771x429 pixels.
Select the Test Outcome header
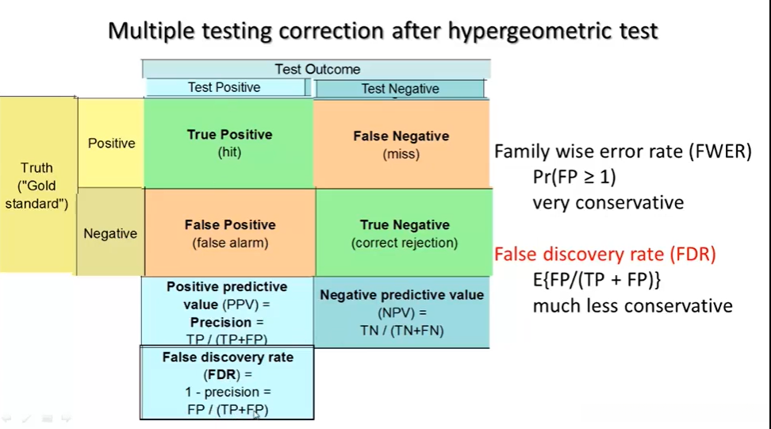[x=316, y=69]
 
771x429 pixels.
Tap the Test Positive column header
[x=224, y=87]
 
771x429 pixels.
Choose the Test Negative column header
[x=400, y=89]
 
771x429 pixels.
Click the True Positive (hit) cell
[x=229, y=143]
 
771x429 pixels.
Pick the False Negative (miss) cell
[x=401, y=144]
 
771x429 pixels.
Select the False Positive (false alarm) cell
[x=230, y=233]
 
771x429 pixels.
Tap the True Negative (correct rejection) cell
[x=405, y=233]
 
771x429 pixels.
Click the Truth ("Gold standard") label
[x=36, y=186]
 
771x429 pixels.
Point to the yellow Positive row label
[x=111, y=143]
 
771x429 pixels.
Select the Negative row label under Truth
[x=110, y=233]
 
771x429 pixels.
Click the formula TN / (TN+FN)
[x=401, y=331]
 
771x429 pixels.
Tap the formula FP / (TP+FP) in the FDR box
[x=228, y=410]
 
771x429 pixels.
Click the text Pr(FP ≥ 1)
[x=574, y=177]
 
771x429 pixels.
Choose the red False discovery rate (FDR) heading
[x=604, y=254]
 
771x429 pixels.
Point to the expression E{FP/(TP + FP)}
[x=597, y=280]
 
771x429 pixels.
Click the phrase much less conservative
[x=633, y=305]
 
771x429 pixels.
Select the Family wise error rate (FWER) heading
[x=623, y=151]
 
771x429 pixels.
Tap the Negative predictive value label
[x=401, y=295]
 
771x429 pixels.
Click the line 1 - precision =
[x=228, y=393]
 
